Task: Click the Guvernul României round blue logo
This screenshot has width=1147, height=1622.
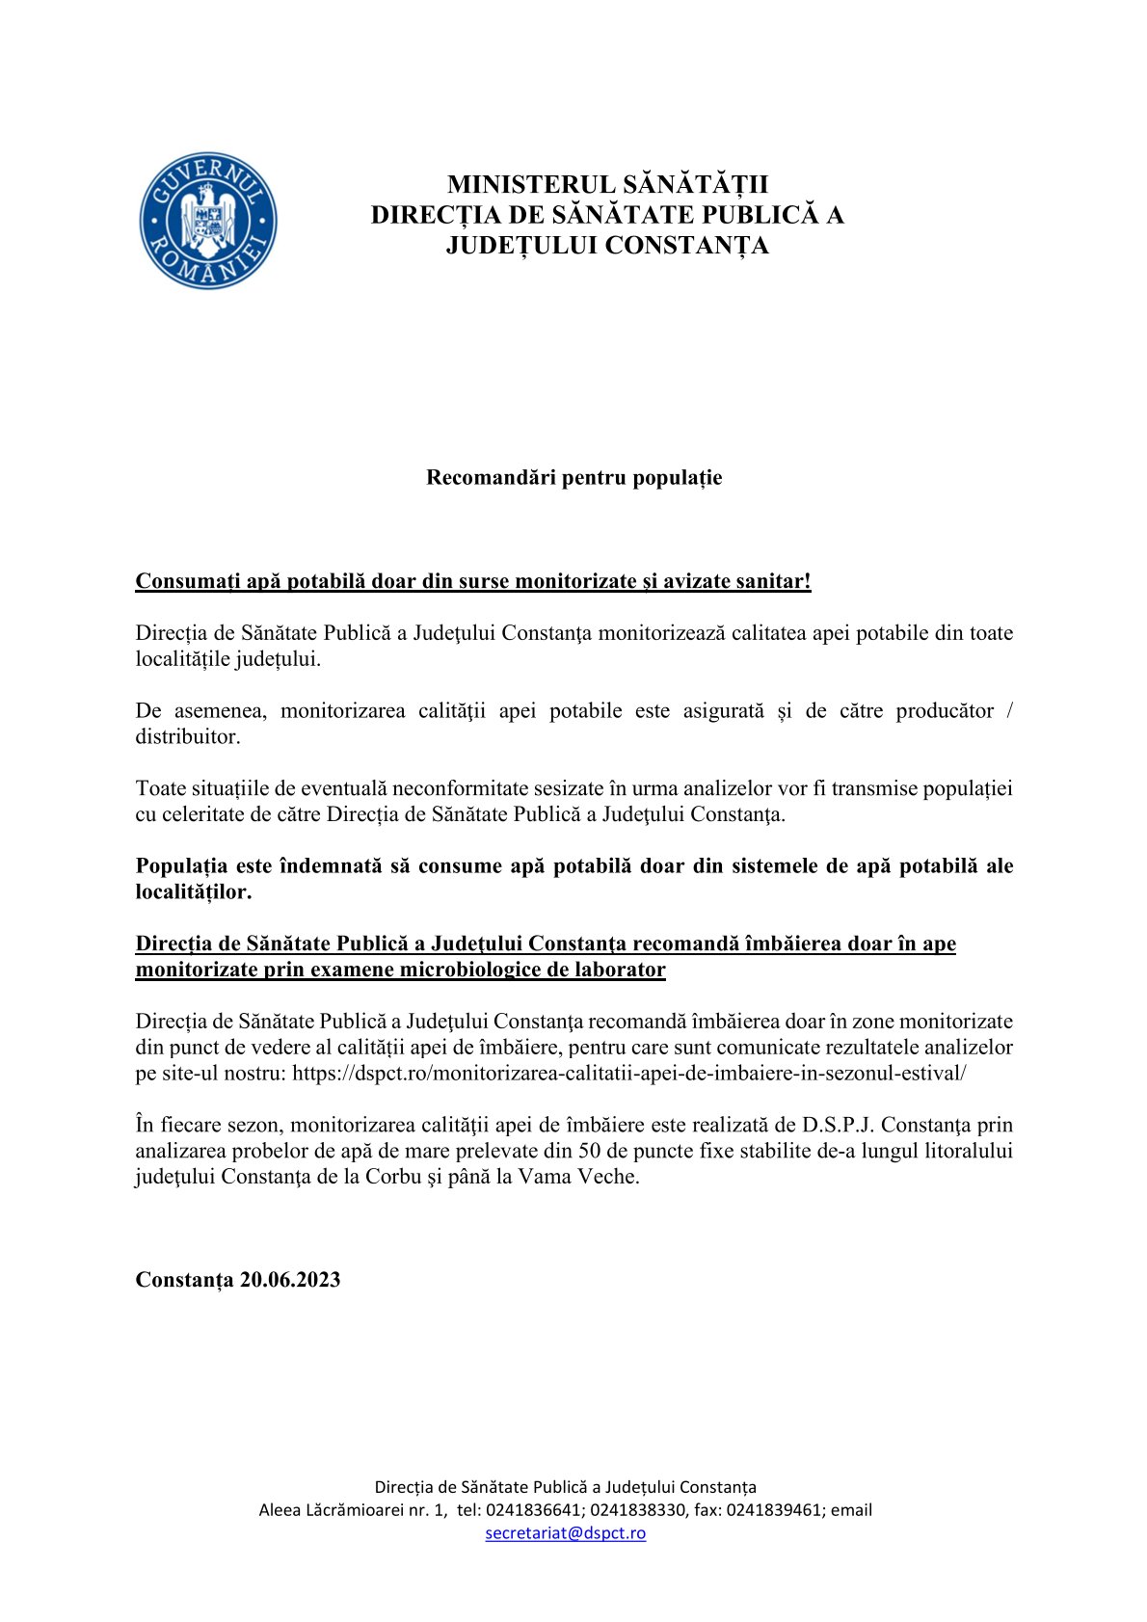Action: click(208, 221)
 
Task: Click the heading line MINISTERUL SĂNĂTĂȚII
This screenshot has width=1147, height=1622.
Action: click(607, 184)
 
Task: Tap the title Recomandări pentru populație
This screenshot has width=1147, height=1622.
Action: click(573, 477)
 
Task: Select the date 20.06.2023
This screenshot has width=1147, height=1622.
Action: click(290, 1280)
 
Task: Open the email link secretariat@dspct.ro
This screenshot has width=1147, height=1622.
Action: click(566, 1532)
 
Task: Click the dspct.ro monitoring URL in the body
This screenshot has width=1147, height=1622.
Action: click(629, 1073)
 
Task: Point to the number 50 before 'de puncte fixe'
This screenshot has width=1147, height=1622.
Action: click(590, 1151)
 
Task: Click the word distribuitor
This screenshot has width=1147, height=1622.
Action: click(187, 736)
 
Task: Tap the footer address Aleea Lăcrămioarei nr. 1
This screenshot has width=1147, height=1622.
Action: click(353, 1510)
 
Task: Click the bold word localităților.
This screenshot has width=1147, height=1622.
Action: click(194, 891)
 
